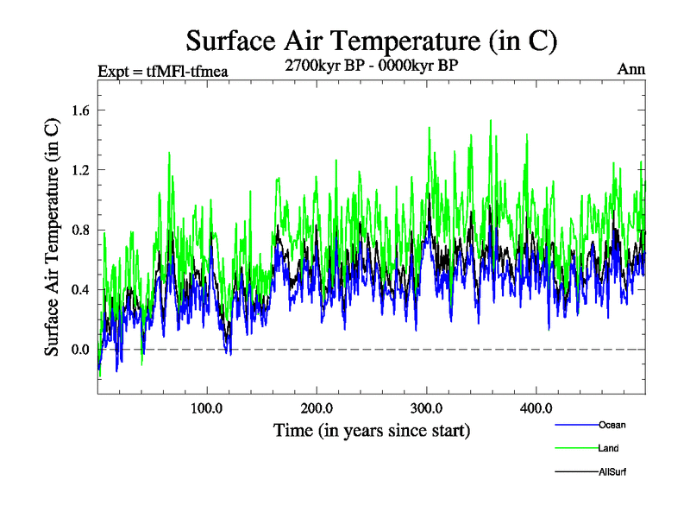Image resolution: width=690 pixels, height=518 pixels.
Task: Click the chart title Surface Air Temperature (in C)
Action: click(372, 41)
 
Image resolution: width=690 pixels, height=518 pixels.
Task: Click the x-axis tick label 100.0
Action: click(207, 407)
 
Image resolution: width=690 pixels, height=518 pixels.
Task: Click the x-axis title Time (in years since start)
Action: click(372, 430)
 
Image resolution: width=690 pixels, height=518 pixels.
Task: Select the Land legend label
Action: click(608, 448)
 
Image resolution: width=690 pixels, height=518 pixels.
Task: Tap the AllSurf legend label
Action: click(612, 471)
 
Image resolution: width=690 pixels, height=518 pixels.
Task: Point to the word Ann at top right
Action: click(631, 70)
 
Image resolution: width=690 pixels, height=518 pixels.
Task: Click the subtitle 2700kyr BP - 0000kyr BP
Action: click(372, 64)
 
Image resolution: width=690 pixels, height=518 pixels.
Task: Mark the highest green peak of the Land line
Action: click(491, 121)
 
